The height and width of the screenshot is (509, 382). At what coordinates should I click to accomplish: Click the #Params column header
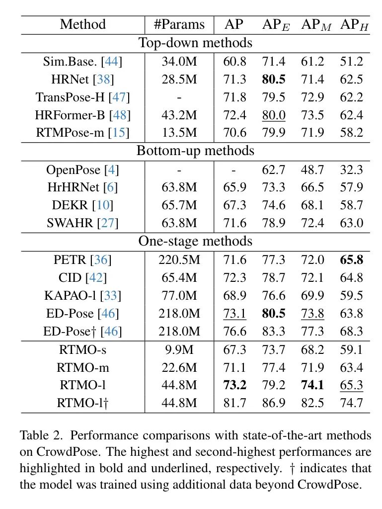(x=179, y=24)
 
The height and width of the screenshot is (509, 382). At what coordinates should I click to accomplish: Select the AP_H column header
(x=354, y=24)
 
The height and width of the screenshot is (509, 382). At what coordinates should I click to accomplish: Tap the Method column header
(x=83, y=24)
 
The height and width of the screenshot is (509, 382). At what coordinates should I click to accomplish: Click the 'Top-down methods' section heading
(x=195, y=43)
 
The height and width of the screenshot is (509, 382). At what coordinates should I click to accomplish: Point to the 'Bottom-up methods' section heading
(x=195, y=150)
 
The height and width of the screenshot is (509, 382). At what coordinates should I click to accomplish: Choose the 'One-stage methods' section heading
(x=195, y=241)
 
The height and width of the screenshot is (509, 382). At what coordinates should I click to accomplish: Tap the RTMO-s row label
(x=83, y=350)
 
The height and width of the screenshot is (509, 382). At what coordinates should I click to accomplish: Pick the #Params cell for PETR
(x=179, y=259)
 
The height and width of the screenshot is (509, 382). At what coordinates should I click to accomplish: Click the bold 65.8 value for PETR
(x=352, y=259)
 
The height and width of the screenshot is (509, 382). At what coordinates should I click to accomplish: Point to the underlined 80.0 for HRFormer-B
(x=274, y=115)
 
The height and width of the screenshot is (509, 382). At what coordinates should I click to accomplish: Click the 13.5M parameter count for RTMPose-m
(x=179, y=133)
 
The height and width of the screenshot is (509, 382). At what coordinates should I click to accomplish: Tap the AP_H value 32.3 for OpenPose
(x=352, y=170)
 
